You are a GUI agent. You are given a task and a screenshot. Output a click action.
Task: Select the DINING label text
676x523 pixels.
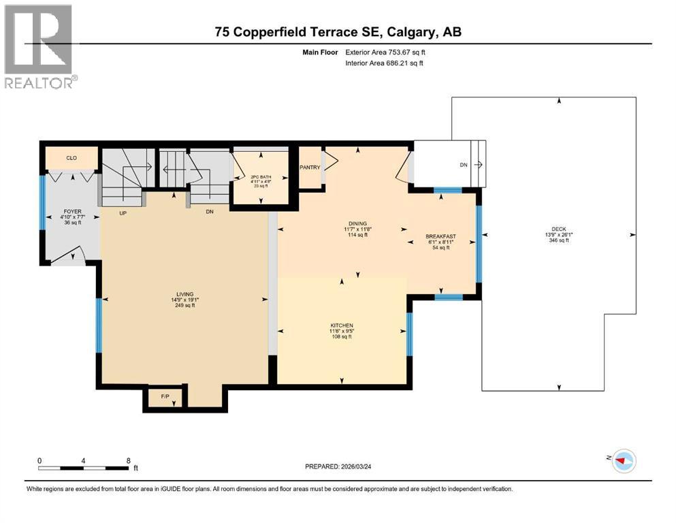357,223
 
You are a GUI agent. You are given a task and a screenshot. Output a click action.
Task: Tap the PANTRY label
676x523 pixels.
310,168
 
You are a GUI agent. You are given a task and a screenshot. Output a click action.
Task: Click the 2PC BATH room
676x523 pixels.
261,176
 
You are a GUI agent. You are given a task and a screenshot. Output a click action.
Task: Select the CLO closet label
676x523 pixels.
71,158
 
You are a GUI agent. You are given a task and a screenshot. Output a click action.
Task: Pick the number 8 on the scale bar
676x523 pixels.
129,460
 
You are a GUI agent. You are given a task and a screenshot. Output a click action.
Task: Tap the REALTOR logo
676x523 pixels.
40,47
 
